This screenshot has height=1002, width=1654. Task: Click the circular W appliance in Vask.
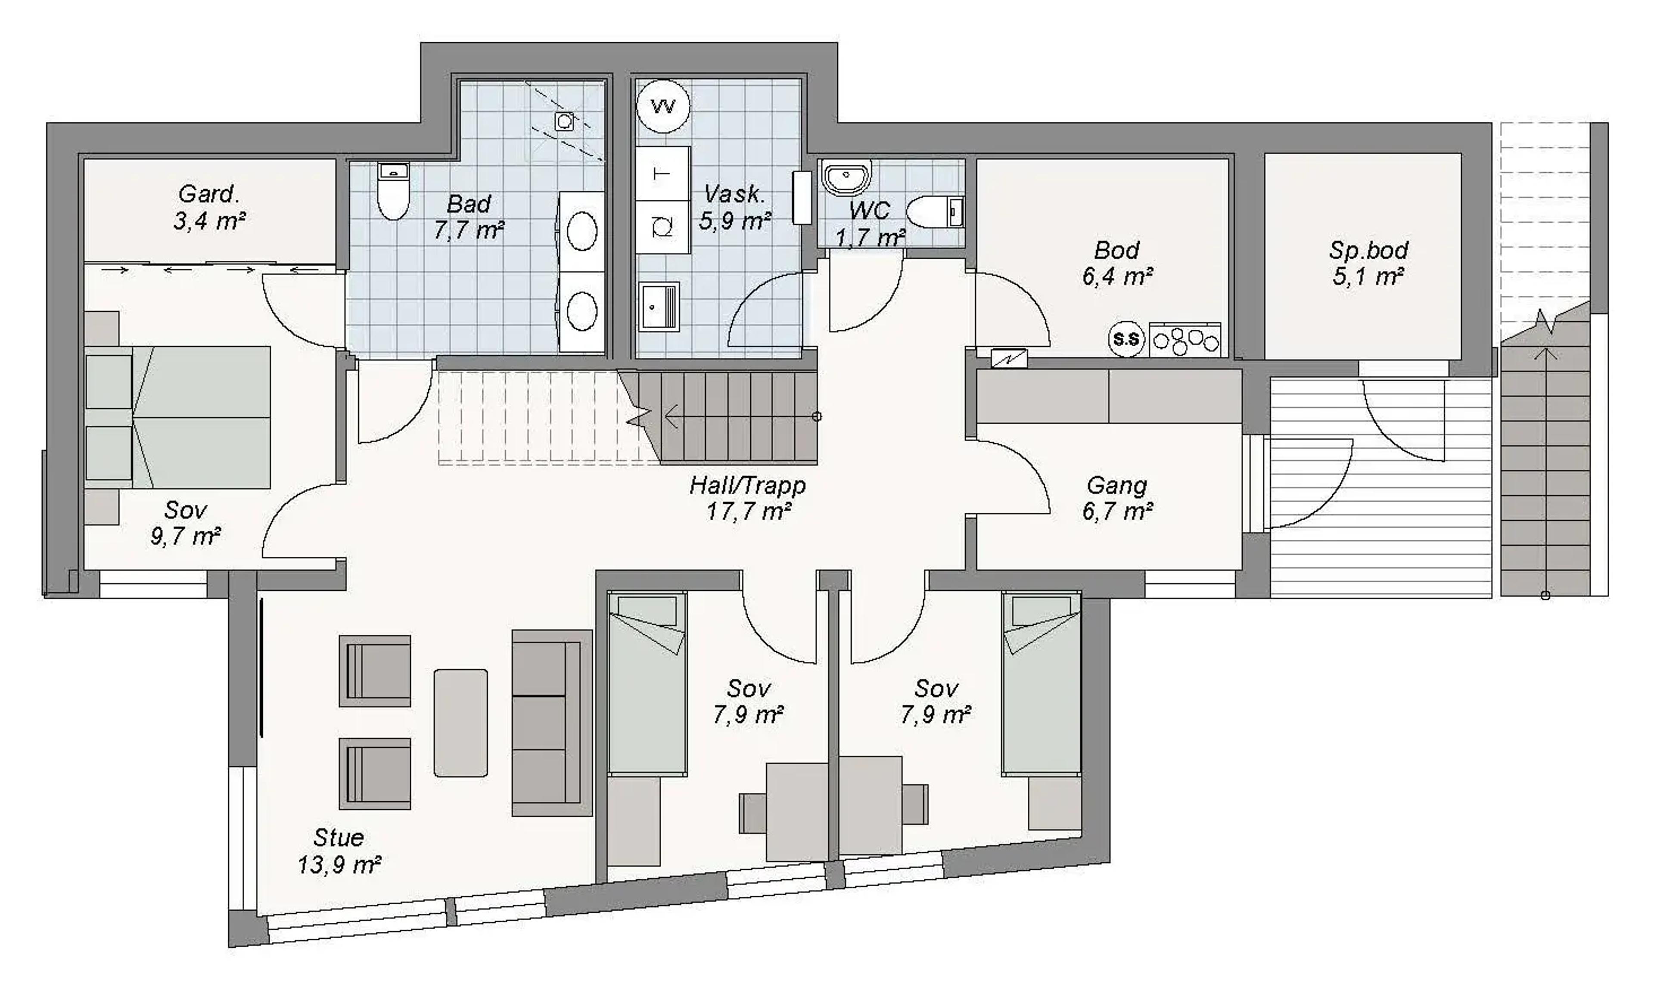pos(663,106)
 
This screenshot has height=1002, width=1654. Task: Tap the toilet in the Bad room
pos(393,191)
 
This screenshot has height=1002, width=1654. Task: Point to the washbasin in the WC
pos(846,177)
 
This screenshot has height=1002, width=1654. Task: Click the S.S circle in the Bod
pos(1126,340)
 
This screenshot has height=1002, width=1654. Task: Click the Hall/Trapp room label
pos(748,485)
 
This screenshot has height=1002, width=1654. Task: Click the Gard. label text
pos(209,194)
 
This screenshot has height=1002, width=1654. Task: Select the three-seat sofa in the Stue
pos(552,723)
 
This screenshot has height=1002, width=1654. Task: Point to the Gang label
pos(1117,485)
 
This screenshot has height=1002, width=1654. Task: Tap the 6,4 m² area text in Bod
pos(1117,276)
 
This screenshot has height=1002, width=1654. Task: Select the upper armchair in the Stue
pos(375,671)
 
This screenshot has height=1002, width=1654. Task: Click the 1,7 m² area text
pos(870,237)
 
